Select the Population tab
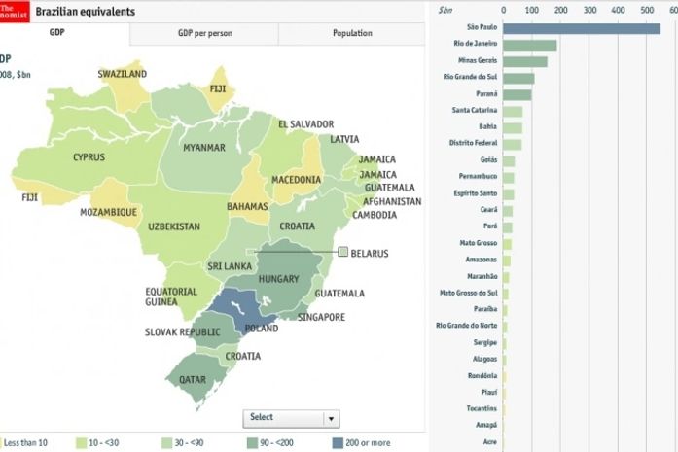pyautogui.click(x=351, y=33)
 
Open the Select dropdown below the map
pyautogui.click(x=291, y=418)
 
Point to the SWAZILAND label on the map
pyautogui.click(x=123, y=74)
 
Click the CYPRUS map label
pyautogui.click(x=94, y=156)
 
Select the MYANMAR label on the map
pyautogui.click(x=204, y=148)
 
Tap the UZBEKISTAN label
pyautogui.click(x=174, y=226)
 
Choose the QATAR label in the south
pyautogui.click(x=192, y=379)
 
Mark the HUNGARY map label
pyautogui.click(x=279, y=280)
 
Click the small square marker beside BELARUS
pyautogui.click(x=342, y=253)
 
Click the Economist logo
pyautogui.click(x=14, y=11)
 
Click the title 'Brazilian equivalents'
pyautogui.click(x=86, y=11)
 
